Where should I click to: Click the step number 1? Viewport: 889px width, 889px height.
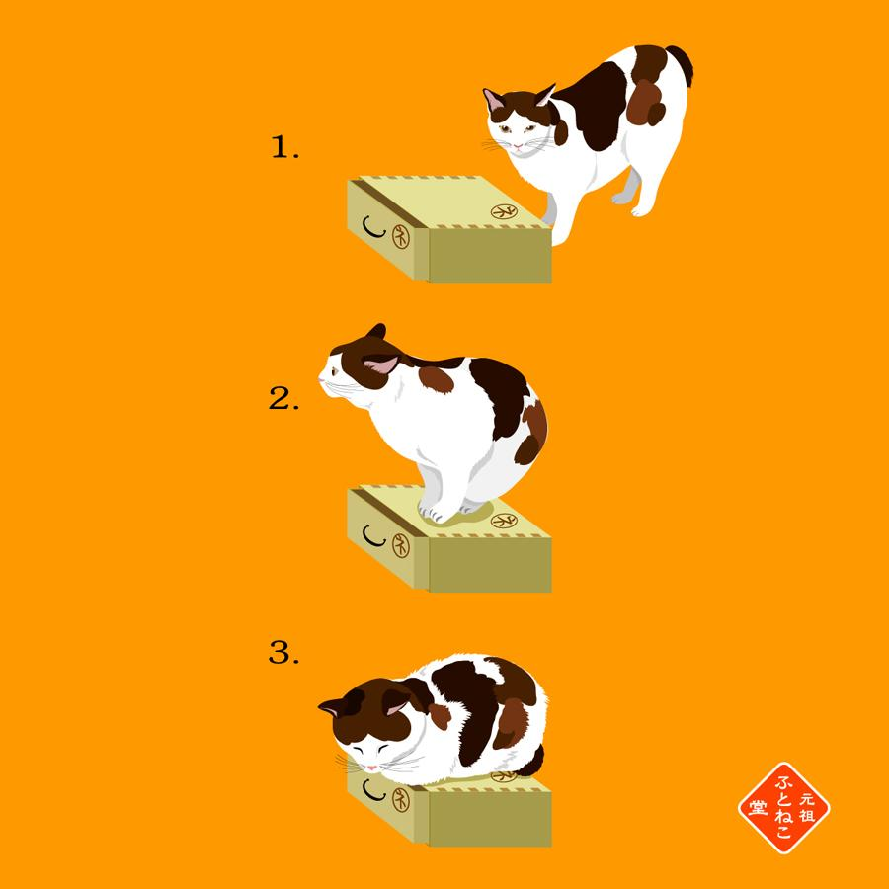(284, 147)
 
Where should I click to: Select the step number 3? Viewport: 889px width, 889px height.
(283, 652)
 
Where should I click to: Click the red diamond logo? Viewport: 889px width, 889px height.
(784, 808)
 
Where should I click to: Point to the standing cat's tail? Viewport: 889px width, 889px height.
(682, 63)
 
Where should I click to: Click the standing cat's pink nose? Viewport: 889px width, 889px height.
(517, 146)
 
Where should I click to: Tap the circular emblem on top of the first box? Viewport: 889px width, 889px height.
(504, 212)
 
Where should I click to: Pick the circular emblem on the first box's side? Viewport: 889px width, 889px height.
(401, 236)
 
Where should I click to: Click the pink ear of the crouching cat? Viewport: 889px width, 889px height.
(381, 364)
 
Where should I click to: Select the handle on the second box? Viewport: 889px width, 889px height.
(373, 536)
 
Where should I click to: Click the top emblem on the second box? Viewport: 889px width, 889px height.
(504, 521)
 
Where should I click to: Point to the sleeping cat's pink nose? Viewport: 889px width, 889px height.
(371, 768)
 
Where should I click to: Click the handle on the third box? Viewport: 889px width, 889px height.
(373, 790)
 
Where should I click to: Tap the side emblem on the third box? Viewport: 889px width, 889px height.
(401, 799)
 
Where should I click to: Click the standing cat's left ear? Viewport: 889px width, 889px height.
(494, 100)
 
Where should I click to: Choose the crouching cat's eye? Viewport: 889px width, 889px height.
(335, 371)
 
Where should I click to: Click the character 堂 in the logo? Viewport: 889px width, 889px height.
(758, 807)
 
